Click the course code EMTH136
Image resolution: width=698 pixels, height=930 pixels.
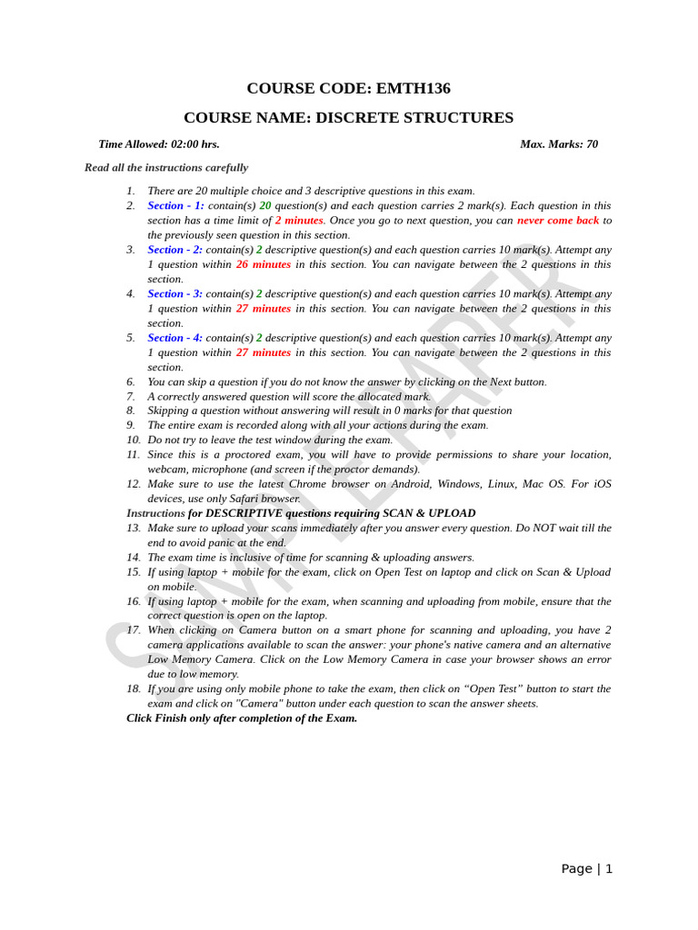[413, 88]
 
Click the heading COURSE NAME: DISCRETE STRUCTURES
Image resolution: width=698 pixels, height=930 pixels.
[348, 118]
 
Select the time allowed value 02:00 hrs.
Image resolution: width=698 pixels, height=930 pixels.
[194, 144]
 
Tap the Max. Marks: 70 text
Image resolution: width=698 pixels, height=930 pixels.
[558, 144]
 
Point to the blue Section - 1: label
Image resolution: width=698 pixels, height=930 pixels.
[175, 206]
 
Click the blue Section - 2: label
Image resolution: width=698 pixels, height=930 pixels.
[174, 250]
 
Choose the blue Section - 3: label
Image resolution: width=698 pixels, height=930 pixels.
[174, 293]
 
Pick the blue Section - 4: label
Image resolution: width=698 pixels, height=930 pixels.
[174, 338]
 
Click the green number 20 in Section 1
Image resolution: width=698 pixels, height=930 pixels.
[265, 206]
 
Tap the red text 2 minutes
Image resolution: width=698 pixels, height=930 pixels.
[299, 221]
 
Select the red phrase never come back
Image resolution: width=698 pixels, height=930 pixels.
[558, 221]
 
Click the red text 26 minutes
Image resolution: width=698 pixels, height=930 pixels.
[264, 264]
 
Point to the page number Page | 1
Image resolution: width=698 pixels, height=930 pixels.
[586, 869]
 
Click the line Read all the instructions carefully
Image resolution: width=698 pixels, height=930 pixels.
[166, 168]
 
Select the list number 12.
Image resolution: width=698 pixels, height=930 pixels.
[134, 484]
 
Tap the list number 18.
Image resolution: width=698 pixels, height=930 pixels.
[134, 688]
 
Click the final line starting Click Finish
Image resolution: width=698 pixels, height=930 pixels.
[242, 718]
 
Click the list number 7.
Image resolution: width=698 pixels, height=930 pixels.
[131, 396]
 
